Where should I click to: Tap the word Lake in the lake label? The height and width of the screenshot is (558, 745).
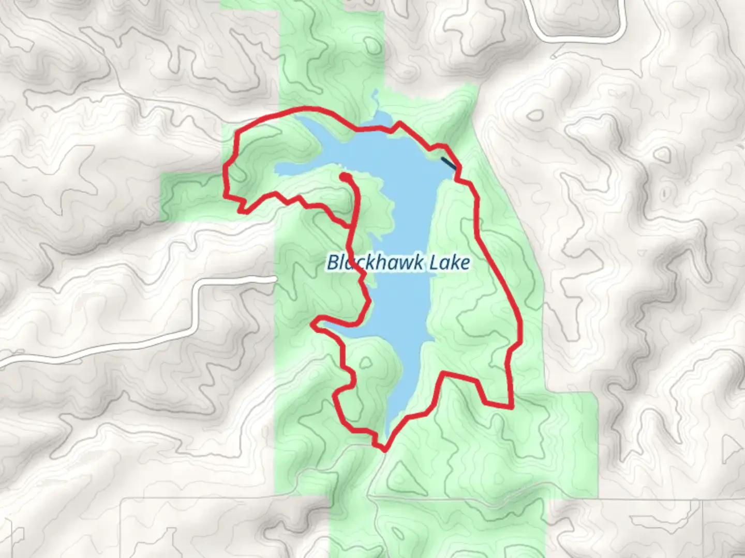pos(450,263)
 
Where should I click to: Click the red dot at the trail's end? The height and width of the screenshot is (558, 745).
pos(345,177)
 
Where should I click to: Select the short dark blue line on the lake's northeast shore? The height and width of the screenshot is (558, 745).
pos(448,163)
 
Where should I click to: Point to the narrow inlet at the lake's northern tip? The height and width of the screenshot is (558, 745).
pos(376,98)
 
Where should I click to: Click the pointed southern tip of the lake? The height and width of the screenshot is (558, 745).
pos(390,433)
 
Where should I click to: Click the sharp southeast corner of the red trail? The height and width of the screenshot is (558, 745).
pos(511,407)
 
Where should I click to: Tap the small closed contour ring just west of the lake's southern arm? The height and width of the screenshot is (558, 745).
pos(365,362)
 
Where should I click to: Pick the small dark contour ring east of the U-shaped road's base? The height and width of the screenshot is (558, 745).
pos(663,153)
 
